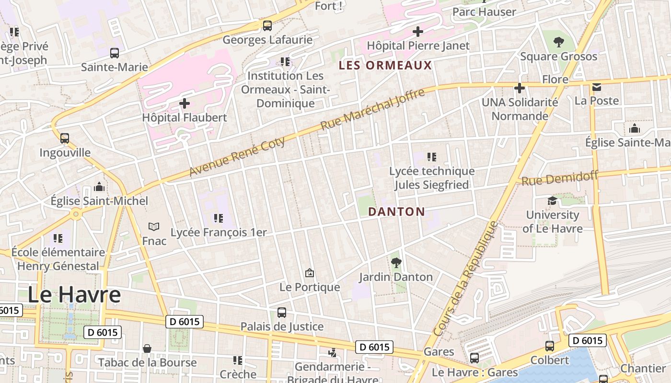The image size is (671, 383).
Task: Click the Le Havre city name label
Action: (x=74, y=294)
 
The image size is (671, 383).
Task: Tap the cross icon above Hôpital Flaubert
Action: (x=185, y=103)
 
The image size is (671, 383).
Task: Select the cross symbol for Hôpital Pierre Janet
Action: (x=418, y=32)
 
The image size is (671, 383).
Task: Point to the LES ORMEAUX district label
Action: (x=385, y=66)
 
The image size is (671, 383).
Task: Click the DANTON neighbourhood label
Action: (x=396, y=212)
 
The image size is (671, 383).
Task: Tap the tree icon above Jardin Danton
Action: (x=396, y=262)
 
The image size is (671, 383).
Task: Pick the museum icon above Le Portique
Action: (x=310, y=273)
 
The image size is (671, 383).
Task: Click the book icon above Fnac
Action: (x=154, y=226)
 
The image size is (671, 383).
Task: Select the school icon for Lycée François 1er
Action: (x=219, y=218)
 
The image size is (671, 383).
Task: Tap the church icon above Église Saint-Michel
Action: (x=99, y=186)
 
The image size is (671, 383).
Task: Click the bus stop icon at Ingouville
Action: (x=65, y=138)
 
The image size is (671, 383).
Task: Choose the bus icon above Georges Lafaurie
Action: (x=267, y=25)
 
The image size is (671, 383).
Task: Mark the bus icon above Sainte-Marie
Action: (x=115, y=53)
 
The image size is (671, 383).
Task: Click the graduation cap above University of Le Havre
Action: (x=553, y=201)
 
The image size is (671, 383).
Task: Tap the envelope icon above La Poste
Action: (x=597, y=87)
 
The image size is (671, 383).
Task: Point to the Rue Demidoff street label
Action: (x=560, y=179)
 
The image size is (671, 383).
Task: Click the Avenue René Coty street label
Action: (x=237, y=156)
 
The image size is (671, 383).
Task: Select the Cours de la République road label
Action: (x=466, y=278)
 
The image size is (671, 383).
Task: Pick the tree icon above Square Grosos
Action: (x=558, y=42)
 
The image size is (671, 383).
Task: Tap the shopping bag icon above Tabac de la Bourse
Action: (x=147, y=348)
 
